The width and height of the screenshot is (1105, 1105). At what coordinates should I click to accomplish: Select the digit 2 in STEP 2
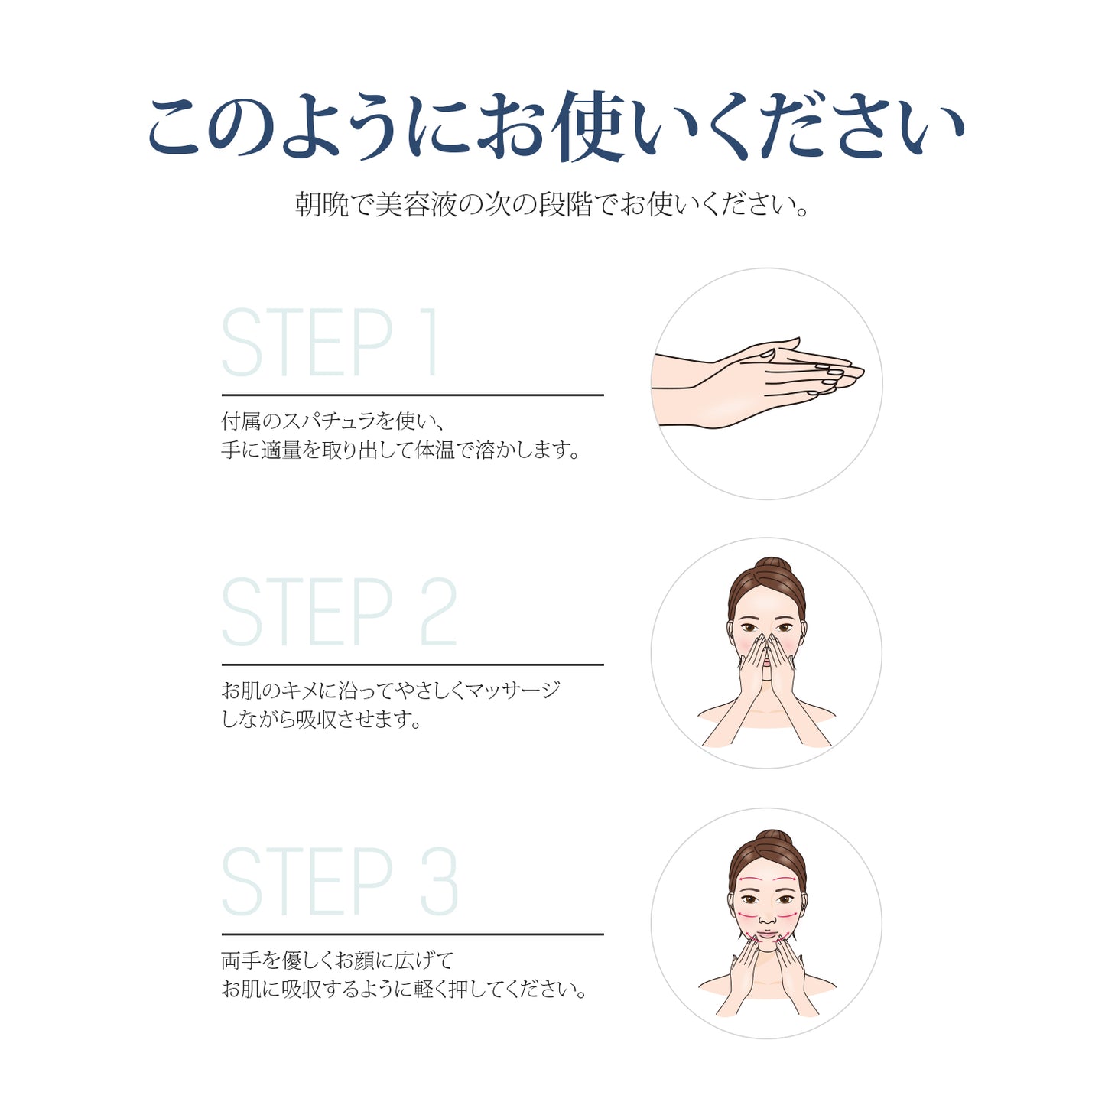tap(439, 611)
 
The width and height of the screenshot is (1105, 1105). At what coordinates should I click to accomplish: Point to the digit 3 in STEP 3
tap(440, 882)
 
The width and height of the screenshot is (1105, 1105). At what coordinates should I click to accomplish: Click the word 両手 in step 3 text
tap(241, 960)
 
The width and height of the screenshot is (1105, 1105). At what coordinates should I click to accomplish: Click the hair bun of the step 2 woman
tap(773, 565)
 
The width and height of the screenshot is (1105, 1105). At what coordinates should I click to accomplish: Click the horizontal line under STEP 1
tap(413, 395)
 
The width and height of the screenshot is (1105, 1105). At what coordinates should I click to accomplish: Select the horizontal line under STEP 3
tap(413, 934)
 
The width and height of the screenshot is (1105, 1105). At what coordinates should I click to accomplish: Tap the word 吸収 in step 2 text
tap(316, 719)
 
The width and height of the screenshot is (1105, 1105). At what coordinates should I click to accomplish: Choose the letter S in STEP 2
tap(242, 611)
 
